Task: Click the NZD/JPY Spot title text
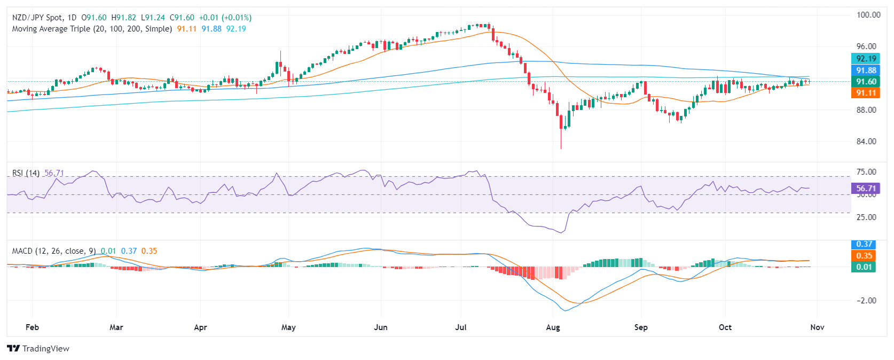coord(37,18)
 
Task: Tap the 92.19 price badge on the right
coord(866,59)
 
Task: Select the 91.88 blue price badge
coord(866,71)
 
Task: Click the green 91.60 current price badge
coord(866,82)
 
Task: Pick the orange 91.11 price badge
coord(866,93)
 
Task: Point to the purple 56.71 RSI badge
coord(866,188)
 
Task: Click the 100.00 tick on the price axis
coord(868,15)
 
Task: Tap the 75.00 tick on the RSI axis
coord(866,172)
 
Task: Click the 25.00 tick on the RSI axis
coord(866,217)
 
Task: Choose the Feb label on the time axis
coord(32,327)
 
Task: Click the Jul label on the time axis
coord(461,327)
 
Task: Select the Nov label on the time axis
coord(817,327)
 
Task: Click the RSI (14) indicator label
coord(26,173)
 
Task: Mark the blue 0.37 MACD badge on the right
coord(864,244)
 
